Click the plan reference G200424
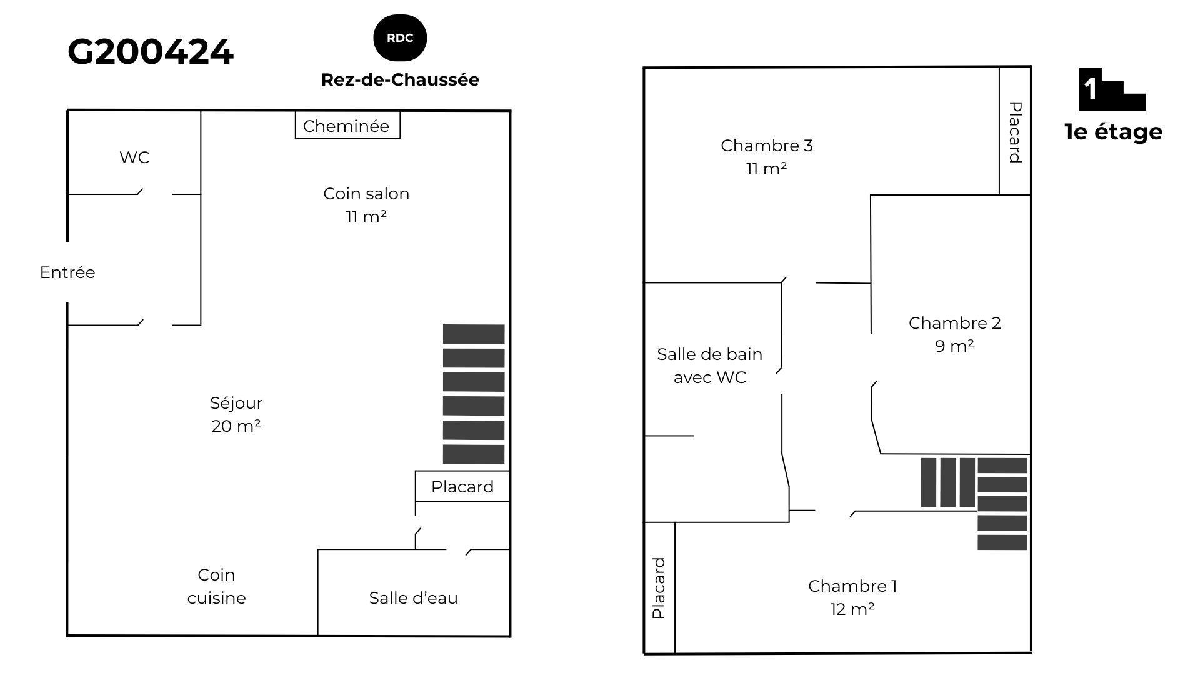151,52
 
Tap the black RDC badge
400,38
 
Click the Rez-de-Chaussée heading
400,80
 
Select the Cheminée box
347,125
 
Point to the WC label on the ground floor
134,157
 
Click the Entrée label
67,272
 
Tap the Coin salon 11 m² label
366,205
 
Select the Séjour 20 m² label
236,414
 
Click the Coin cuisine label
217,586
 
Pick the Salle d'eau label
413,598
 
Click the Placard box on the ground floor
462,486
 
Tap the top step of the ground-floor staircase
474,334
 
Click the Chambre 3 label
767,157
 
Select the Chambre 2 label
955,334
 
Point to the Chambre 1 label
852,597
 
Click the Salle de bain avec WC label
710,366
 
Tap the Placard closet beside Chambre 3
1015,131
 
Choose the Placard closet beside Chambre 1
659,588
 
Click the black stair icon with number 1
1112,89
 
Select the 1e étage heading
1114,132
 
